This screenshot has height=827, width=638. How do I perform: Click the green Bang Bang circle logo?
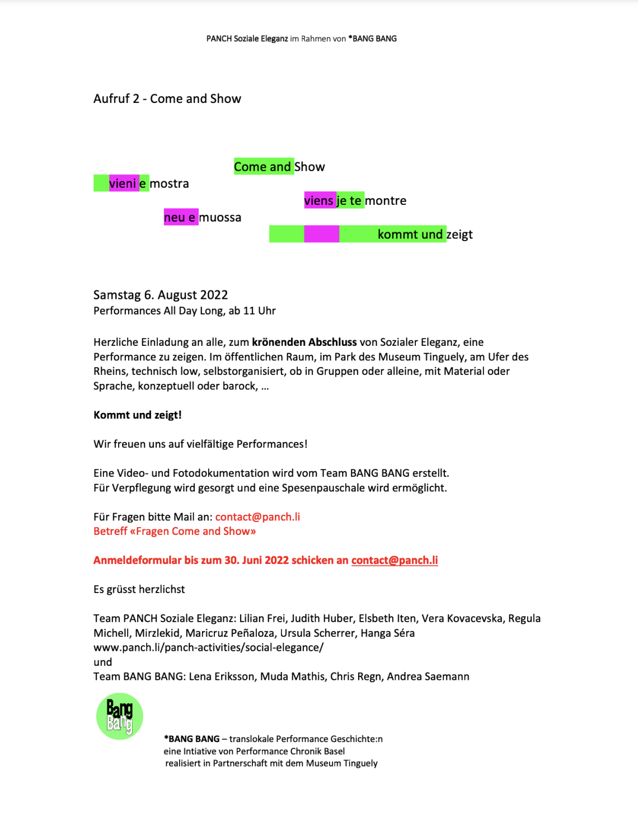[x=120, y=716]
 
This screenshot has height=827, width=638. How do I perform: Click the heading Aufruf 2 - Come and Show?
[x=167, y=99]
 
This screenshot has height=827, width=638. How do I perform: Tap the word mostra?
[x=169, y=184]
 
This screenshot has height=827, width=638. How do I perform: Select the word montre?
[x=386, y=201]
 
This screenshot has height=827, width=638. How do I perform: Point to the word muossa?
[x=221, y=218]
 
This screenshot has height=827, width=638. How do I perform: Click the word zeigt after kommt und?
[x=459, y=234]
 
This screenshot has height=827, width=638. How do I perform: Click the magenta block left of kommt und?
[x=321, y=234]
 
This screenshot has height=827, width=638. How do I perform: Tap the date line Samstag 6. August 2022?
[x=161, y=295]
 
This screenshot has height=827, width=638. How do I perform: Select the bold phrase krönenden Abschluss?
[x=304, y=342]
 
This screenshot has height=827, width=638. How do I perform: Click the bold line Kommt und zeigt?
[x=138, y=415]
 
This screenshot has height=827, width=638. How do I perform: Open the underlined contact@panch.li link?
[x=395, y=561]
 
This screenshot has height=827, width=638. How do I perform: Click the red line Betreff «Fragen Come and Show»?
[x=175, y=532]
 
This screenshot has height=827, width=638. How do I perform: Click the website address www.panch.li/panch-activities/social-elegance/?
[x=208, y=647]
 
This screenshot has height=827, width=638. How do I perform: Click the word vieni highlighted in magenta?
[x=123, y=184]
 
